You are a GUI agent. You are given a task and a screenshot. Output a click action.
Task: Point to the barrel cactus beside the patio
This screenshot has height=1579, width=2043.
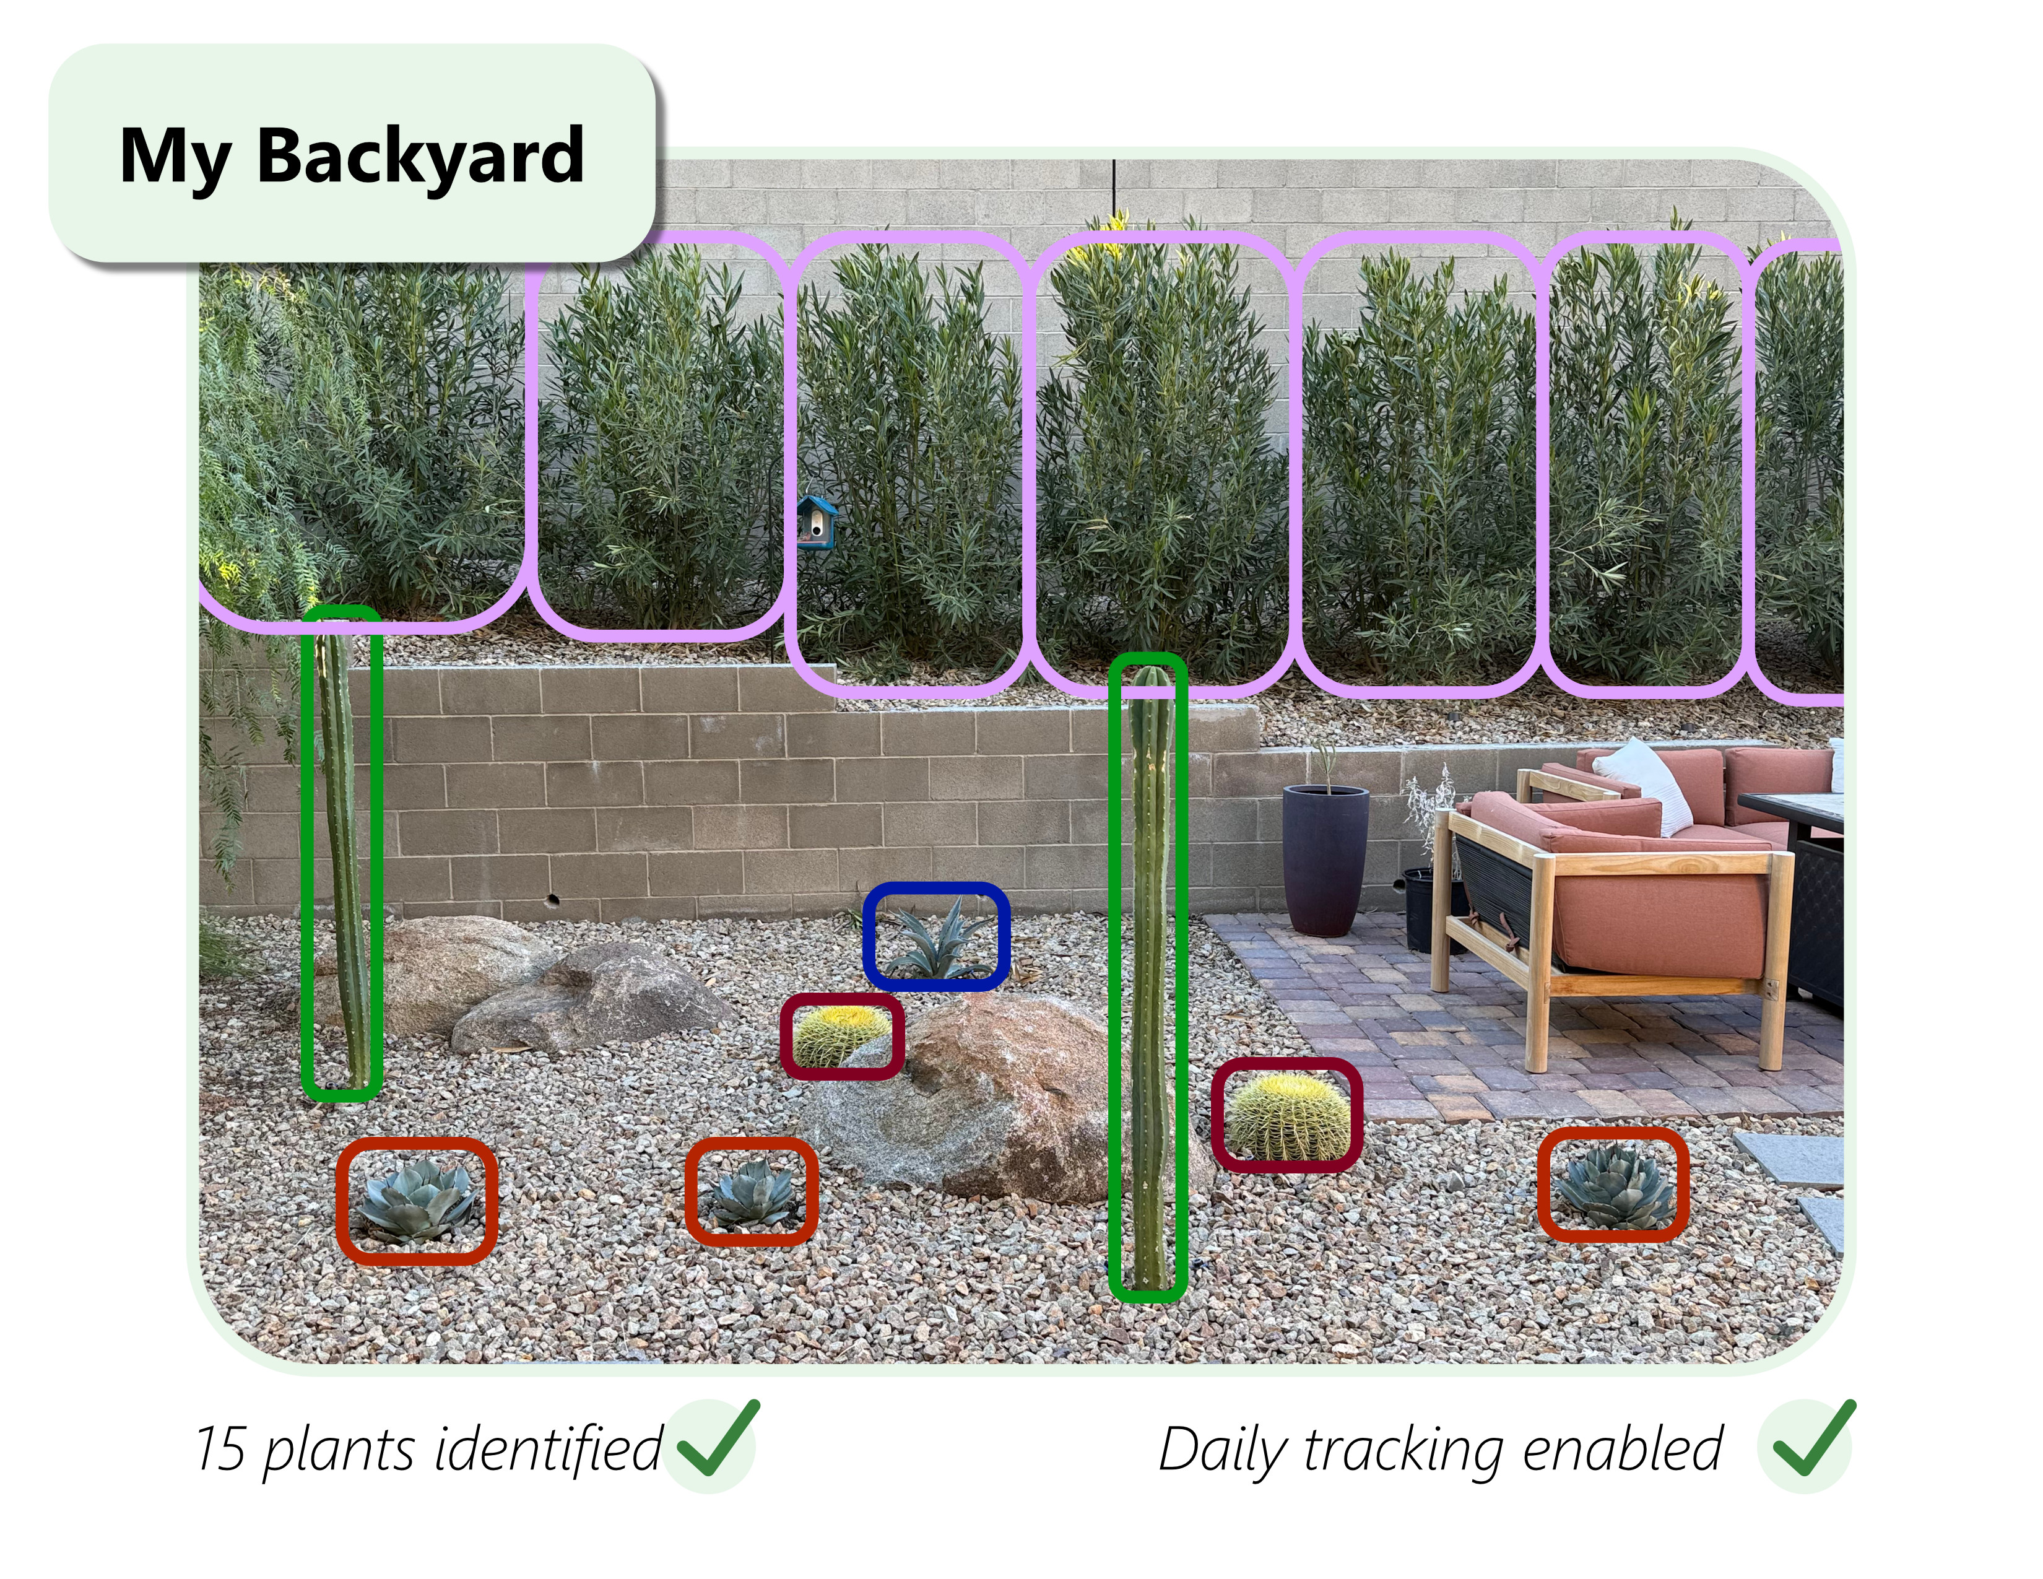point(1287,1116)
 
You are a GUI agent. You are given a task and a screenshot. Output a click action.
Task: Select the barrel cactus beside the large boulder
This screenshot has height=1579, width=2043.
point(840,1035)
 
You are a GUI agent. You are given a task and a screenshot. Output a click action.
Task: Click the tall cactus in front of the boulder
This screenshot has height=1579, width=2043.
point(1148,982)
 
